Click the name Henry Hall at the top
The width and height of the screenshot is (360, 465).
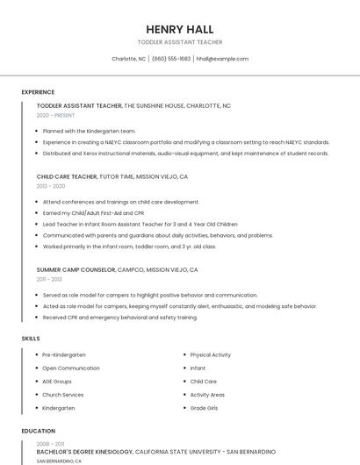(180, 29)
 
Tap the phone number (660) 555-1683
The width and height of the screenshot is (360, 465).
(171, 59)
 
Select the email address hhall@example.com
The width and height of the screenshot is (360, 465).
(222, 59)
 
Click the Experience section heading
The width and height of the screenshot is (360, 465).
(38, 92)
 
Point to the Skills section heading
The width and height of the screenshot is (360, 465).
(31, 338)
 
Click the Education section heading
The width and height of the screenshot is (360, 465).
(38, 431)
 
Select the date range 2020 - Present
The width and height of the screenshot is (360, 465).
(55, 115)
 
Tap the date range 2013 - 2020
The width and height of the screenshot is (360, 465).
(50, 186)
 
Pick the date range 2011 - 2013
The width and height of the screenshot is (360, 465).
(49, 279)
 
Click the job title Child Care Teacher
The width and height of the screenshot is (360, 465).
(67, 176)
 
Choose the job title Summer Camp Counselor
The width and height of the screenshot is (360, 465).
(76, 269)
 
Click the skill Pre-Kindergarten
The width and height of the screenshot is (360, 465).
(64, 354)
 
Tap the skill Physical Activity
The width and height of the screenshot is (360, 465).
(210, 354)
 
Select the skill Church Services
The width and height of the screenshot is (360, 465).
(64, 395)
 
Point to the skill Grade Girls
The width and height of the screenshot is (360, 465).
(204, 408)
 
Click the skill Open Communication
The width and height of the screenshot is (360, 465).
(70, 368)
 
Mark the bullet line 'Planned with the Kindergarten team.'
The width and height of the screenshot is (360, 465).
(89, 131)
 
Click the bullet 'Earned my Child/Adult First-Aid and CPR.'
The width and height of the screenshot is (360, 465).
(93, 213)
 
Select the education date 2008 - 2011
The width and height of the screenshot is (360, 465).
(49, 444)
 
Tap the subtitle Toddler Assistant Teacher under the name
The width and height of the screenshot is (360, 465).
(180, 42)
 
